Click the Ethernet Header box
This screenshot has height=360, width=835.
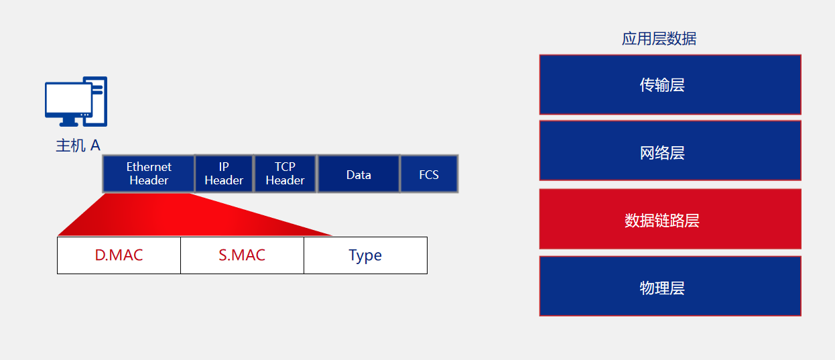point(148,174)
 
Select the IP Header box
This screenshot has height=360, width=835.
point(224,174)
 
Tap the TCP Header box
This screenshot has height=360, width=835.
point(285,174)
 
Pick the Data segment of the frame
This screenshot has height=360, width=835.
point(359,174)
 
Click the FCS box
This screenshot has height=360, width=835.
point(429,174)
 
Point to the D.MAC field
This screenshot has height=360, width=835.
point(119,255)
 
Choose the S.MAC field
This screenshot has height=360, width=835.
point(243,255)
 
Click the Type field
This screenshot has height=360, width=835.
point(366,255)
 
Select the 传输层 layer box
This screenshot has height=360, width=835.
point(670,84)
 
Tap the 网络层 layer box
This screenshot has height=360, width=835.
point(670,151)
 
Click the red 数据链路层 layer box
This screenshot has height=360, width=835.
point(670,219)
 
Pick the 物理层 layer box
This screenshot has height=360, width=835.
point(670,286)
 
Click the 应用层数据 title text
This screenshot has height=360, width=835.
point(659,39)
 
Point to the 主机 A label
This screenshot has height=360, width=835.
point(78,145)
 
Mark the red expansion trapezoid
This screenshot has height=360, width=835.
point(194,215)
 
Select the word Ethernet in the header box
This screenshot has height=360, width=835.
point(149,166)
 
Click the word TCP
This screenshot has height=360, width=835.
point(285,166)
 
